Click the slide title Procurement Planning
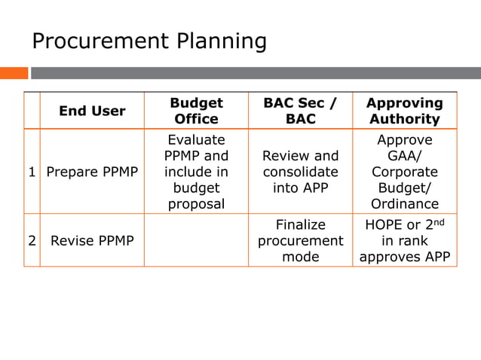tap(149, 41)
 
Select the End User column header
tap(92, 111)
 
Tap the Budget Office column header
tap(196, 111)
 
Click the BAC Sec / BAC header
tap(300, 111)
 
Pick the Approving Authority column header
tap(404, 111)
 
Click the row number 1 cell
tap(32, 172)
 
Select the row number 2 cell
tap(32, 241)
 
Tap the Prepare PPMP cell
tap(92, 172)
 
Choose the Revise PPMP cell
tap(92, 241)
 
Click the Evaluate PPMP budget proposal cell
tap(196, 172)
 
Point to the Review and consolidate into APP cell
tap(300, 172)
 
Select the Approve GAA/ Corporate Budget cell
tap(404, 172)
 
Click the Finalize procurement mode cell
tap(300, 241)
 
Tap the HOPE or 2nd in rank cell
tap(404, 241)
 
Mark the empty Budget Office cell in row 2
tap(196, 241)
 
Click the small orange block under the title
tap(14, 73)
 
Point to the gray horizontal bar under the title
tap(255, 73)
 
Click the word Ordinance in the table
tap(404, 204)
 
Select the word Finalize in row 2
tap(300, 225)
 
